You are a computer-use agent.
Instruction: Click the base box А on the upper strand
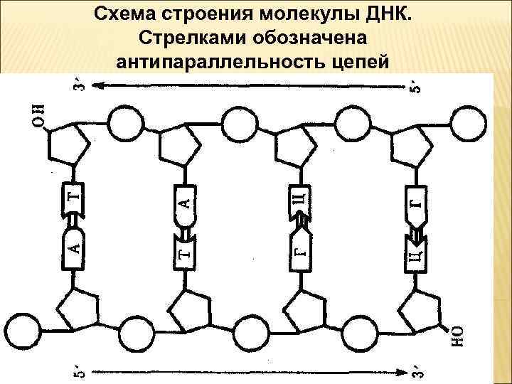186,201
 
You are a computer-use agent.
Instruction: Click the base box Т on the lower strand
186,249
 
